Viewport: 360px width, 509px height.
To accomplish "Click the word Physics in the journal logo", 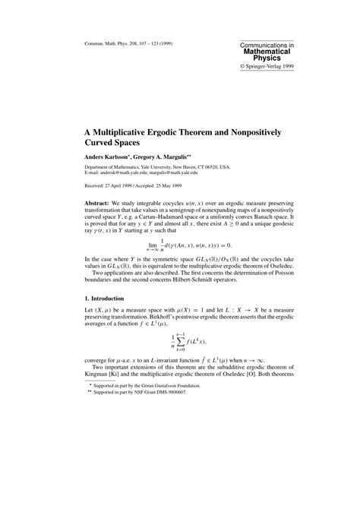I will tap(266, 58).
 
